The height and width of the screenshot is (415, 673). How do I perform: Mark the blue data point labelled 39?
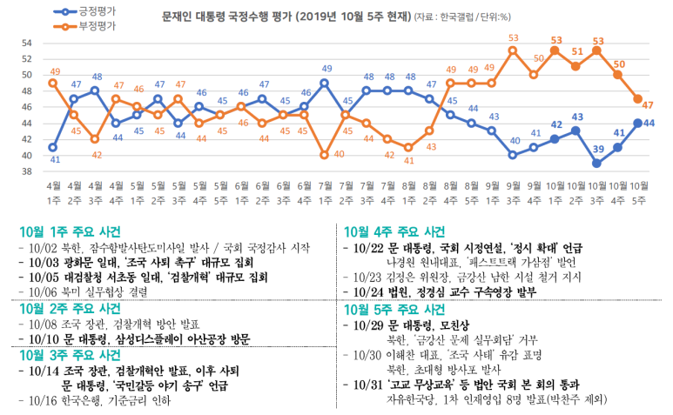click(597, 164)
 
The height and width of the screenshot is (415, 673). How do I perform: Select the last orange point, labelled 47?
click(639, 99)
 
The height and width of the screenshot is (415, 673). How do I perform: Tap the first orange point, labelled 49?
click(54, 83)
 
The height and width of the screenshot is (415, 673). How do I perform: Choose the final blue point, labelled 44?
click(639, 123)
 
